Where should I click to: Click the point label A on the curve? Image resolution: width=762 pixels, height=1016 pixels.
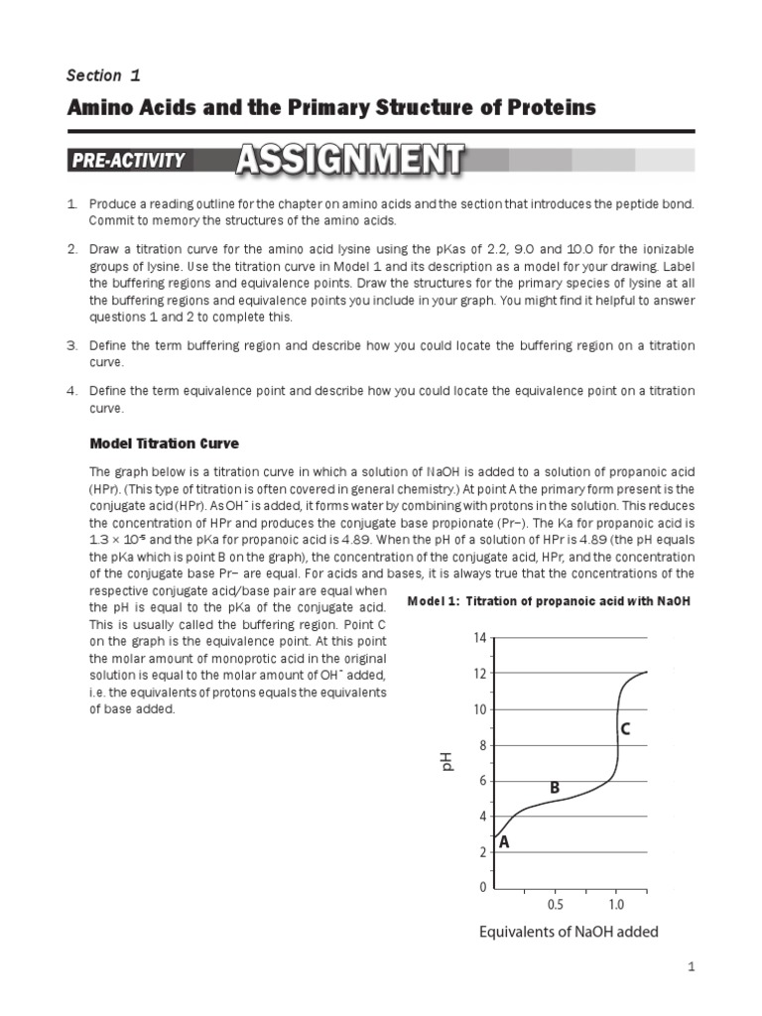(x=504, y=842)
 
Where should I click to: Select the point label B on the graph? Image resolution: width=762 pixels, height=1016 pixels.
(x=555, y=787)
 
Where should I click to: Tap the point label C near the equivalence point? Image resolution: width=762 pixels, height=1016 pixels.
(x=625, y=729)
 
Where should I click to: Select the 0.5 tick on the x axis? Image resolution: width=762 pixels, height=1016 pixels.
(x=556, y=906)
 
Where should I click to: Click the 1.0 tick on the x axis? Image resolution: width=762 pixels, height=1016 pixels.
(x=616, y=906)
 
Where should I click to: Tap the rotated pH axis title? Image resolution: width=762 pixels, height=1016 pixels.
(x=446, y=762)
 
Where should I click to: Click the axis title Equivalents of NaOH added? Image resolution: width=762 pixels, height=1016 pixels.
(x=569, y=932)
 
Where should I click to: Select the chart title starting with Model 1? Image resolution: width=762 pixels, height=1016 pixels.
(x=549, y=602)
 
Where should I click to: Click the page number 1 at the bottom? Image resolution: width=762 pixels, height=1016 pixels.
(x=689, y=965)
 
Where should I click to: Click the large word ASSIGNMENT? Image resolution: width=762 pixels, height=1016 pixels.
(x=350, y=160)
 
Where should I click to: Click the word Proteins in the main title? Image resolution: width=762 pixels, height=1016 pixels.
(x=550, y=106)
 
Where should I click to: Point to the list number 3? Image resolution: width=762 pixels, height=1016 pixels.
(x=72, y=344)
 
